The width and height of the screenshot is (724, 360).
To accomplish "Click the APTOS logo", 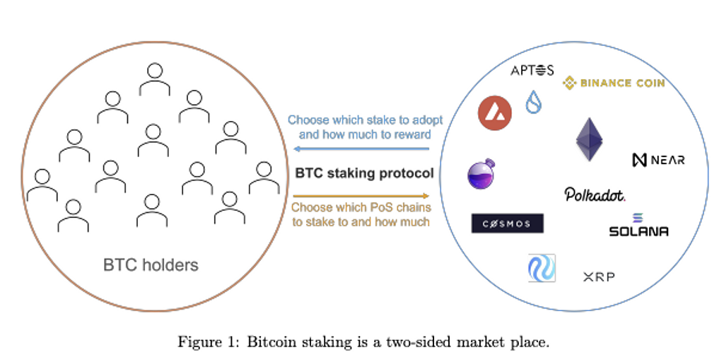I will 532,69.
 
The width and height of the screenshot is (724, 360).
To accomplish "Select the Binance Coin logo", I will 613,83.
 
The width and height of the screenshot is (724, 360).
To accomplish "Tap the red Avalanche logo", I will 495,112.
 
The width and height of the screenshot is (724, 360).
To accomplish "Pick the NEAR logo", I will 658,160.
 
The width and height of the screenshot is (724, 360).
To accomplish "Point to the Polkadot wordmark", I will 595,194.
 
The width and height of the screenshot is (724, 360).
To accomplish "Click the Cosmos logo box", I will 508,223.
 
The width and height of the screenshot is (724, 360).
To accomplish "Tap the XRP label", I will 599,277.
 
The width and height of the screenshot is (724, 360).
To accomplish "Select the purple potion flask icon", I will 481,173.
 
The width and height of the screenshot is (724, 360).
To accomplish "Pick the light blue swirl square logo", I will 542,268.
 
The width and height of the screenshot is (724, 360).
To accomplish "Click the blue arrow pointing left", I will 361,149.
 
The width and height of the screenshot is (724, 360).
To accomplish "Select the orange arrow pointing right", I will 361,196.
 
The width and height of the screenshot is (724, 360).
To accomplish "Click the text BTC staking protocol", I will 364,173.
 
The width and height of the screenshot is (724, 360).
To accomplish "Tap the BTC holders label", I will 151,266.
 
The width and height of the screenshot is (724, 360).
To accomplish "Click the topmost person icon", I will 154,79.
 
